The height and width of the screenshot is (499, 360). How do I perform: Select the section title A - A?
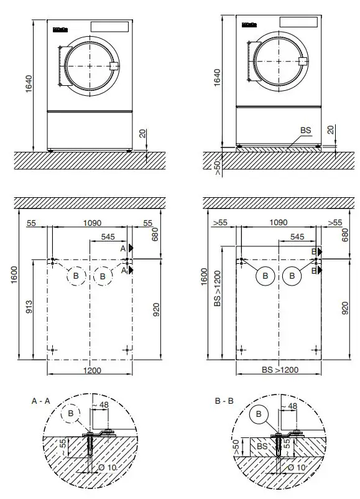[41, 402]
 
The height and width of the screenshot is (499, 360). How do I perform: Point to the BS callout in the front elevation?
[305, 130]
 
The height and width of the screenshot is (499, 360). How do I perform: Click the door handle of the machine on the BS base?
[303, 61]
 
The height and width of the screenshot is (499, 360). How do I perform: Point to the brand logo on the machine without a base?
[60, 28]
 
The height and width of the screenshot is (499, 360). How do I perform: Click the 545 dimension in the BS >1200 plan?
[297, 237]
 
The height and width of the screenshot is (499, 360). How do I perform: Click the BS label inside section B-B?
[262, 446]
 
